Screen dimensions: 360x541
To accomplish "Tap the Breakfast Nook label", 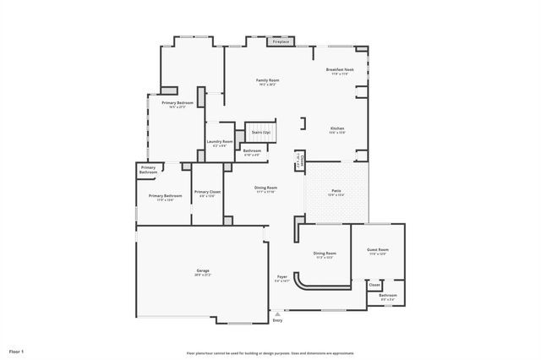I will click(339, 70).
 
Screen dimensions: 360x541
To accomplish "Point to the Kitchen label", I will click(336, 129).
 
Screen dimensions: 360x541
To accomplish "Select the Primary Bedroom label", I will click(178, 104).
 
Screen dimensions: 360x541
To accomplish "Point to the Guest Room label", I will click(377, 251).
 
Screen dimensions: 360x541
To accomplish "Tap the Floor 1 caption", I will click(17, 350).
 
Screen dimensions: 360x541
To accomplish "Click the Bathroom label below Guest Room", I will click(388, 296).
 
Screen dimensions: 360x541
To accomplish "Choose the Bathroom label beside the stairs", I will click(252, 152).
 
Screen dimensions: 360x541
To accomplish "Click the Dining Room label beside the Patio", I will click(266, 188).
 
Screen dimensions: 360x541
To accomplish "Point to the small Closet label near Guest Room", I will click(374, 285).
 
